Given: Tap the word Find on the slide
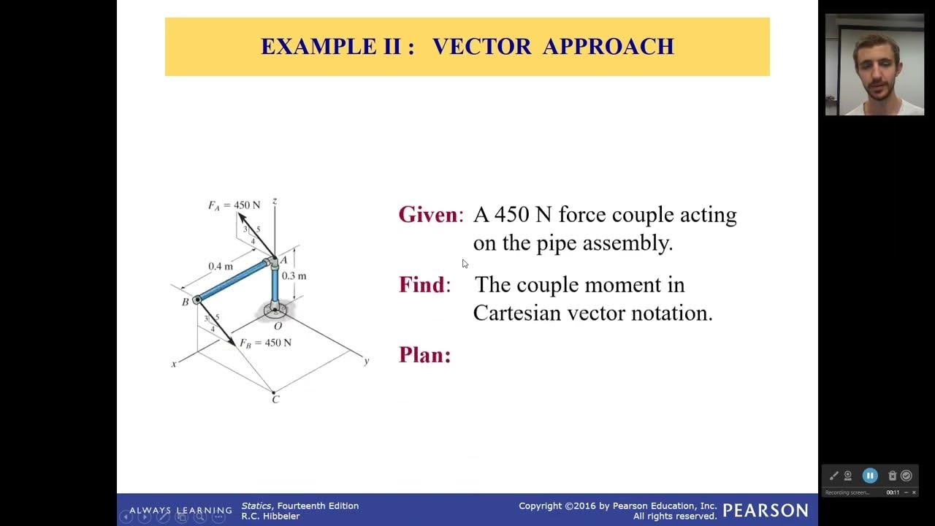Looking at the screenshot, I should point(421,285).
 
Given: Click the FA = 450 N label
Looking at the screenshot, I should point(234,205).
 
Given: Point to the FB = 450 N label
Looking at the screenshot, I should point(265,343).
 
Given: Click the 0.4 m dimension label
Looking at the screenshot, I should point(220,266).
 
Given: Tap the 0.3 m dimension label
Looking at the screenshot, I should point(294,276).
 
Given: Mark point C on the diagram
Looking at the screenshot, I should point(275,399).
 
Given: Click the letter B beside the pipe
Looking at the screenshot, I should point(186,302).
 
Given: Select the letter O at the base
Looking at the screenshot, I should point(278,326).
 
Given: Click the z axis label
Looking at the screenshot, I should point(275,201).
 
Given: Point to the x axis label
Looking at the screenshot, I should point(174,364).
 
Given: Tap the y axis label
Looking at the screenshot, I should point(367,361).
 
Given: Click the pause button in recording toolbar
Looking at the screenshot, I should point(870,476).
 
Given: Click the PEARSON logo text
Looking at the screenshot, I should point(766,510).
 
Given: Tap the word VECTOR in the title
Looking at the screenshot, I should point(481,47).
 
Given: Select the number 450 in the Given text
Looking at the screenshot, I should point(511,215).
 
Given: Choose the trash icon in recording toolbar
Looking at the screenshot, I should point(892,476).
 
